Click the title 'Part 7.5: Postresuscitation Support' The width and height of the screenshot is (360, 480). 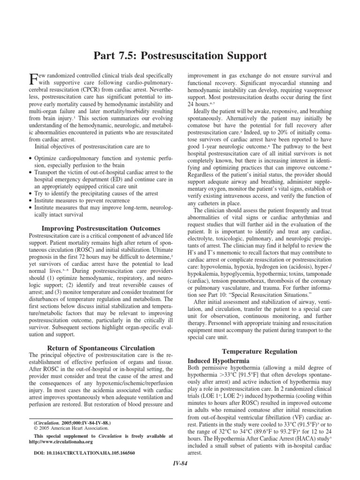click(x=180, y=56)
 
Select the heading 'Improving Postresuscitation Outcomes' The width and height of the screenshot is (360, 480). click(x=101, y=228)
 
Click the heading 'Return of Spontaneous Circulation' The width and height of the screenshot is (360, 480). click(x=101, y=348)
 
